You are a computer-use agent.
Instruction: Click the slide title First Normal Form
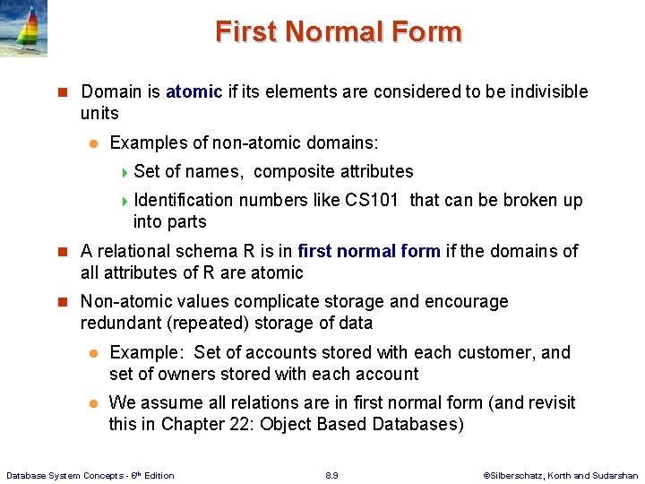(338, 32)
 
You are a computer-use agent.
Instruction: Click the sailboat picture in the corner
(23, 29)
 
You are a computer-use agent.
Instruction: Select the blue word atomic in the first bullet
(193, 91)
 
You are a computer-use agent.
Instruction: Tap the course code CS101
(371, 200)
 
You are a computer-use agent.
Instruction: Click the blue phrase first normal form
(369, 251)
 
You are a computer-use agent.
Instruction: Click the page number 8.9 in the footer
(331, 474)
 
